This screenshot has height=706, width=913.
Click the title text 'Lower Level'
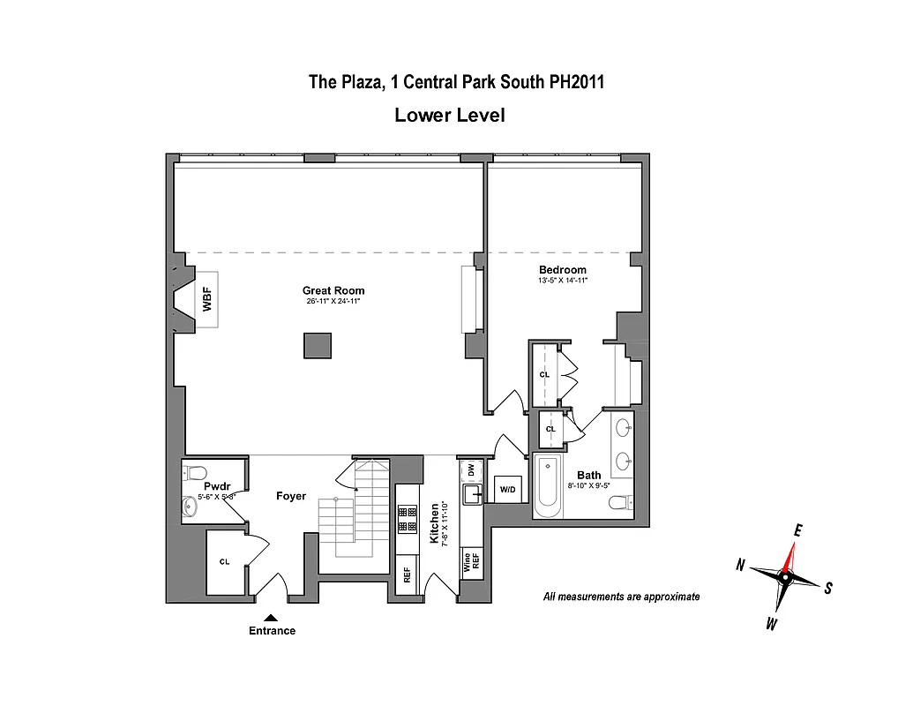pyautogui.click(x=449, y=115)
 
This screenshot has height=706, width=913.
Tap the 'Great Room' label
pyautogui.click(x=333, y=290)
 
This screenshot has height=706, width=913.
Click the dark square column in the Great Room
pyautogui.click(x=318, y=345)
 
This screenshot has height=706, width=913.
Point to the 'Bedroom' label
pyautogui.click(x=563, y=269)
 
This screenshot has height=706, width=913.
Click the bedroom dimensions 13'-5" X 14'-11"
pyautogui.click(x=563, y=280)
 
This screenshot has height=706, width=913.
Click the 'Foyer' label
pyautogui.click(x=291, y=496)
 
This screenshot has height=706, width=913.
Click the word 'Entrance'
pyautogui.click(x=272, y=631)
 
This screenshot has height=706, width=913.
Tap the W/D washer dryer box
pyautogui.click(x=508, y=489)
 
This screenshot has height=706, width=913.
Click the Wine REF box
pyautogui.click(x=471, y=562)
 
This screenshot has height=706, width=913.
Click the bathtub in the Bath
pyautogui.click(x=547, y=486)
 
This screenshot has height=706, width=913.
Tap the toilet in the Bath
pyautogui.click(x=619, y=503)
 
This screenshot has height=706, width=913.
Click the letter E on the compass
pyautogui.click(x=797, y=530)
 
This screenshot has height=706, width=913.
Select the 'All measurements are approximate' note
pyautogui.click(x=621, y=597)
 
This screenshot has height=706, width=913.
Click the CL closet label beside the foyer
pyautogui.click(x=224, y=562)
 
